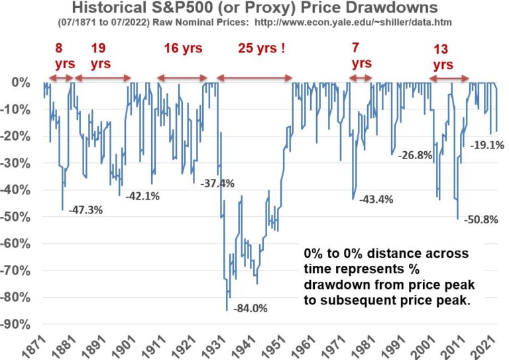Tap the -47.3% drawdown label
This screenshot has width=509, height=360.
coord(85,211)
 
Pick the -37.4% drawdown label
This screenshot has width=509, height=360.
coord(217,184)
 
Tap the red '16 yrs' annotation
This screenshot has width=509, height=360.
coord(183,48)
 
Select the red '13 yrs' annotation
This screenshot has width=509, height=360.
coord(443,57)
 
